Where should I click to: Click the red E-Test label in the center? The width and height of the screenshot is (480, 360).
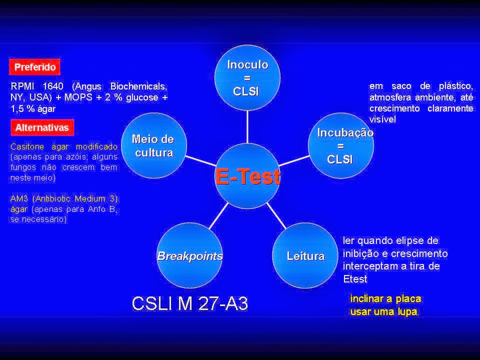(247, 176)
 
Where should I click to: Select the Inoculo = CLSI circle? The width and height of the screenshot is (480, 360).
(247, 77)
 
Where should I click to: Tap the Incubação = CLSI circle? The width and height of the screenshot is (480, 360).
(340, 145)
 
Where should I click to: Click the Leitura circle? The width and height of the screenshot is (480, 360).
(305, 255)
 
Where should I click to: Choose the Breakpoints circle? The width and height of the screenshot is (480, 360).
(190, 255)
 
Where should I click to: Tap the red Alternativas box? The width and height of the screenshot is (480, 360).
(42, 127)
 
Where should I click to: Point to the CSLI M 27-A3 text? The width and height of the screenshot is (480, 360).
(189, 303)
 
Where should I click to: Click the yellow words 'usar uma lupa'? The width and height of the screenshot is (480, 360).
(383, 311)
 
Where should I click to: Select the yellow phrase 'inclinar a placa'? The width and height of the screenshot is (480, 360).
(385, 299)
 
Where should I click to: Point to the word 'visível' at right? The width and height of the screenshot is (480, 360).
(382, 120)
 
